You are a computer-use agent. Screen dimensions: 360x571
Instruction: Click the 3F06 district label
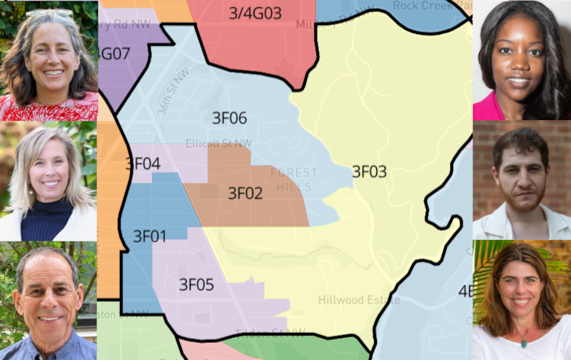coord(229,118)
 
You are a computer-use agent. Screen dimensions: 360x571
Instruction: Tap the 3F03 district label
coord(369,171)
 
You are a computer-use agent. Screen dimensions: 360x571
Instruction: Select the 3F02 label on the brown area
coord(245,193)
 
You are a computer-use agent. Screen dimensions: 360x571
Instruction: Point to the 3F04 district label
coord(142,164)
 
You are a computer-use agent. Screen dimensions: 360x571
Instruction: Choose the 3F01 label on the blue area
coord(149,236)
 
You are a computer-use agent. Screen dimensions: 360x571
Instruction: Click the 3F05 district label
coord(196,286)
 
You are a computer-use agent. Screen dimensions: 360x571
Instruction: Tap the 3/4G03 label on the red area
coord(255,13)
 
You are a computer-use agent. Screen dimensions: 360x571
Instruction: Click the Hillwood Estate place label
coord(359,299)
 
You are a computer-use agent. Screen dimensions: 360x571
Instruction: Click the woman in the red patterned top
coord(49,64)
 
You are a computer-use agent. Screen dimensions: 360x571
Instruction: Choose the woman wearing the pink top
coord(521,61)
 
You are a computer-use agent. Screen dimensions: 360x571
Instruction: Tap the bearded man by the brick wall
coord(522,182)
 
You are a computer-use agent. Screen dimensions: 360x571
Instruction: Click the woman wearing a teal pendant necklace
coord(522,300)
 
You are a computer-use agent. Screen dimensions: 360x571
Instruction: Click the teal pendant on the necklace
coord(523,341)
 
